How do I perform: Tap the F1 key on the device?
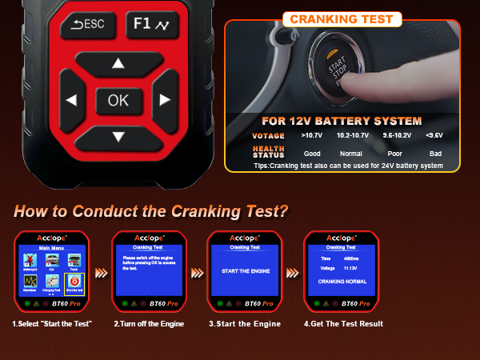pos(148,24)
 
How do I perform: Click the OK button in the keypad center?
pos(118,100)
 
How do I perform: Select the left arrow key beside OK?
pos(71,101)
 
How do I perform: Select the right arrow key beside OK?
pos(165,100)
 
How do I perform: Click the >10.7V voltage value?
pos(313,135)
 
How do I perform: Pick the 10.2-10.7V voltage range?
pos(353,135)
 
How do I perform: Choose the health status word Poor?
pos(394,152)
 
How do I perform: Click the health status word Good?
pos(312,152)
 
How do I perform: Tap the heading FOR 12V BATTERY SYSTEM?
pos(342,122)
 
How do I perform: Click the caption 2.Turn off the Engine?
pos(150,323)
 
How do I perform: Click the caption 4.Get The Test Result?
pos(343,323)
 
